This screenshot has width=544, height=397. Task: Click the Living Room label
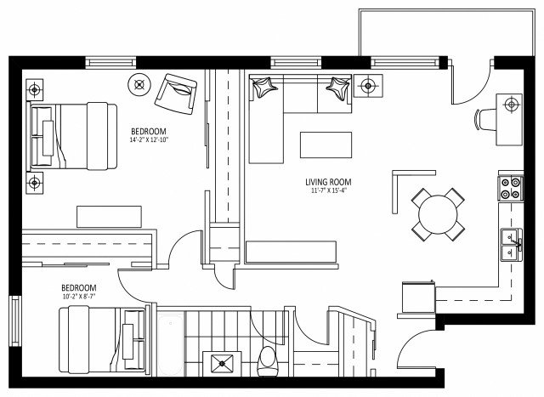[x=328, y=182]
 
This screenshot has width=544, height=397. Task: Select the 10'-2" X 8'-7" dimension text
[x=78, y=297]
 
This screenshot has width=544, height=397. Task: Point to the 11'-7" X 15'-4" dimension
[x=328, y=191]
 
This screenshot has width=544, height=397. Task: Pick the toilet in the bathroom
[x=267, y=361]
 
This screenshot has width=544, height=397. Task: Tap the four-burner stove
[x=511, y=187]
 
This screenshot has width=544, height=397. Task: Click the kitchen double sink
[x=511, y=244]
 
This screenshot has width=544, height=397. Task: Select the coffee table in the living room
[x=325, y=145]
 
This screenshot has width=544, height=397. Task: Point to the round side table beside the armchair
[x=139, y=83]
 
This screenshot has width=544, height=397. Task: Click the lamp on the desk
[x=511, y=105]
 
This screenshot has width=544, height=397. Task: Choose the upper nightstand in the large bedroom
[x=34, y=89]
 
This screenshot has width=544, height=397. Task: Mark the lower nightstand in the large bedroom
[x=34, y=182]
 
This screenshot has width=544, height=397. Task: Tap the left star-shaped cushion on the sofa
[x=266, y=86]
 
